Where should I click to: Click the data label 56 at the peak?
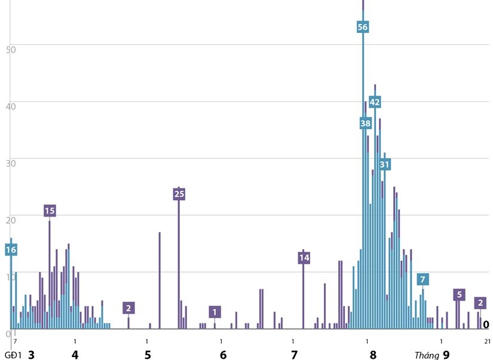(363, 27)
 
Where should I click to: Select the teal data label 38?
(366, 124)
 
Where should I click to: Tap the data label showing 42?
(375, 102)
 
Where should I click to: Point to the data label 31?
(384, 164)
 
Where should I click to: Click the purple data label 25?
(179, 194)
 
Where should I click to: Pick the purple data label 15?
(50, 210)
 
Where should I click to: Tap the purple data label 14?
(304, 258)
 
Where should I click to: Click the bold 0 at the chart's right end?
(486, 325)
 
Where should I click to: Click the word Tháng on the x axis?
(427, 355)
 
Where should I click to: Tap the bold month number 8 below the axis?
(373, 355)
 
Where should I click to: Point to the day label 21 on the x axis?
(487, 341)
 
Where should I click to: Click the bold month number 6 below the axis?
(223, 355)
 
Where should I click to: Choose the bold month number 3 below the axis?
(31, 355)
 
